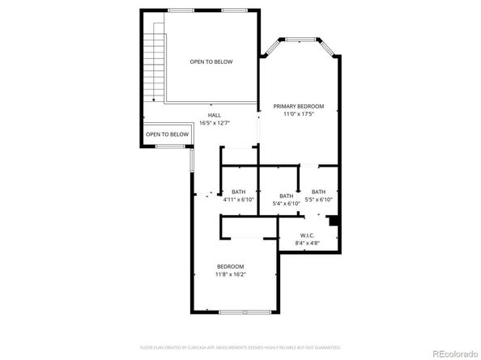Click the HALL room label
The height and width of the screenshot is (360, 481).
(x=214, y=116)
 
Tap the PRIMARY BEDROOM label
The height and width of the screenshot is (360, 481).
(x=298, y=106)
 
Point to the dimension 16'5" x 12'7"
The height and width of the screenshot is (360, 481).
(x=214, y=123)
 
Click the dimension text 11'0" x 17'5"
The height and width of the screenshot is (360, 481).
(x=298, y=114)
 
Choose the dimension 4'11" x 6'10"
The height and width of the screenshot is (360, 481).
(x=238, y=199)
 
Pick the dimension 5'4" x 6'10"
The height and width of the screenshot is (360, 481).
(x=286, y=203)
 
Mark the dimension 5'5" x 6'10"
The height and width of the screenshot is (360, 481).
(x=318, y=199)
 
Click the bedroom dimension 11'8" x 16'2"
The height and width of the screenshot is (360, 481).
(x=230, y=274)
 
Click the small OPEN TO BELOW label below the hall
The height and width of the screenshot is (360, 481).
(x=167, y=134)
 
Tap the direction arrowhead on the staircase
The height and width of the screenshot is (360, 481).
(x=152, y=98)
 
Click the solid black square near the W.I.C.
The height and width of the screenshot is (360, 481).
(x=333, y=220)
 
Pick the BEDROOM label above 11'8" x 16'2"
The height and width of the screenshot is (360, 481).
(x=230, y=266)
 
